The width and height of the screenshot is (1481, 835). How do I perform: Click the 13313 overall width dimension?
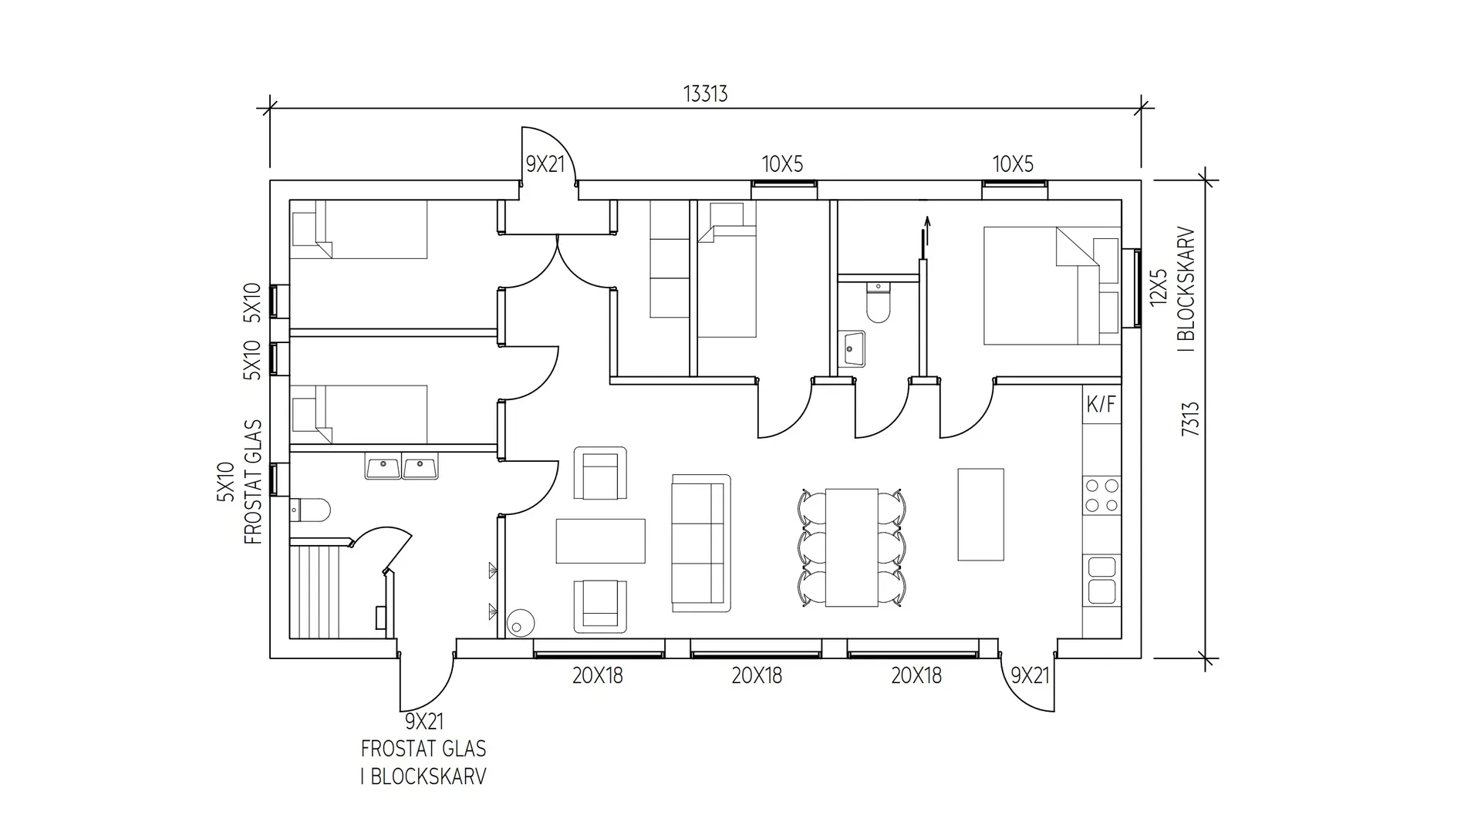pos(705,94)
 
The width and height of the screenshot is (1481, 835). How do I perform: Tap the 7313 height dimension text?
pos(1190,419)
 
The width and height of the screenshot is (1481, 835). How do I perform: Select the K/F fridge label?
pos(1101,404)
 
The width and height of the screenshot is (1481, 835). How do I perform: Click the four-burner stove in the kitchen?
pos(1101,496)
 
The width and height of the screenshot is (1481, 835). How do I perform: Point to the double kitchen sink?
pos(1101,580)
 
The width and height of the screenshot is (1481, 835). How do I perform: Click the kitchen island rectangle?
pos(980,514)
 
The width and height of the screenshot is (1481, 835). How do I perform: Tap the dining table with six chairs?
pos(852,547)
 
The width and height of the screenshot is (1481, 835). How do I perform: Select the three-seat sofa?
pos(700,544)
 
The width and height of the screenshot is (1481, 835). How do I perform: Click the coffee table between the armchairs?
pos(600,540)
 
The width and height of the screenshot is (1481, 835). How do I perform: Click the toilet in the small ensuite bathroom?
pos(878,302)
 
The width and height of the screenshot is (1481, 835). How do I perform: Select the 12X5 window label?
pos(1159,287)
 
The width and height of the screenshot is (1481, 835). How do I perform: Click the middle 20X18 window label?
pos(757,676)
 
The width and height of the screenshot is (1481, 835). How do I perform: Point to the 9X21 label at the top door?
pos(545,164)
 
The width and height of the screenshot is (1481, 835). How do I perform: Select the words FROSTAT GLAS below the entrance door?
pos(423,749)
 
